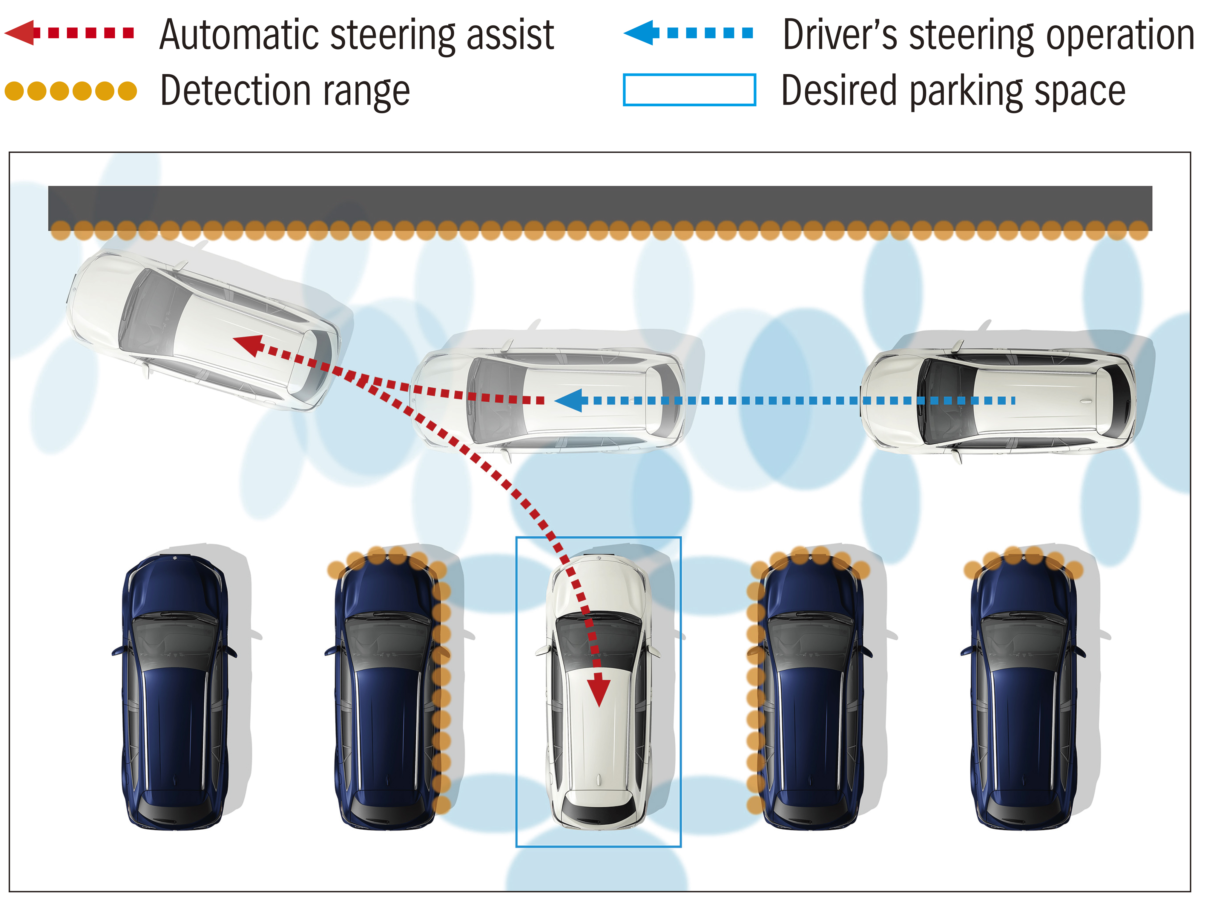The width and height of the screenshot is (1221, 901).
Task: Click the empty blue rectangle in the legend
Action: tap(689, 90)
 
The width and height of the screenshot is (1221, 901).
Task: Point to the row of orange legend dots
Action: tap(71, 91)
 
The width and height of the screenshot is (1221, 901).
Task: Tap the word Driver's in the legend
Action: tap(840, 35)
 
